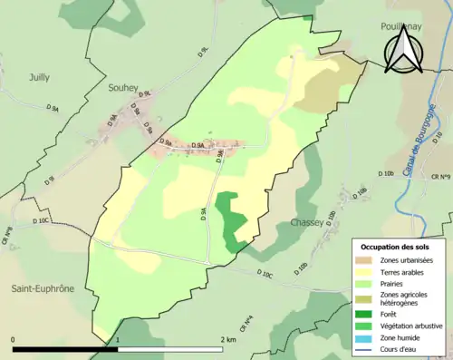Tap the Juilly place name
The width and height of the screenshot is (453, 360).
click(x=39, y=78)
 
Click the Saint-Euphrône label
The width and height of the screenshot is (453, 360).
click(x=43, y=288)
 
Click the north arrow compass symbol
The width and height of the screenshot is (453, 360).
click(x=400, y=51)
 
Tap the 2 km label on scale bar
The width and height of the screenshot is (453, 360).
click(x=230, y=339)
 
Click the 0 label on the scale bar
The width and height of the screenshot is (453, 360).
click(x=14, y=339)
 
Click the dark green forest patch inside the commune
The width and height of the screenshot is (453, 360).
click(x=232, y=218)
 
